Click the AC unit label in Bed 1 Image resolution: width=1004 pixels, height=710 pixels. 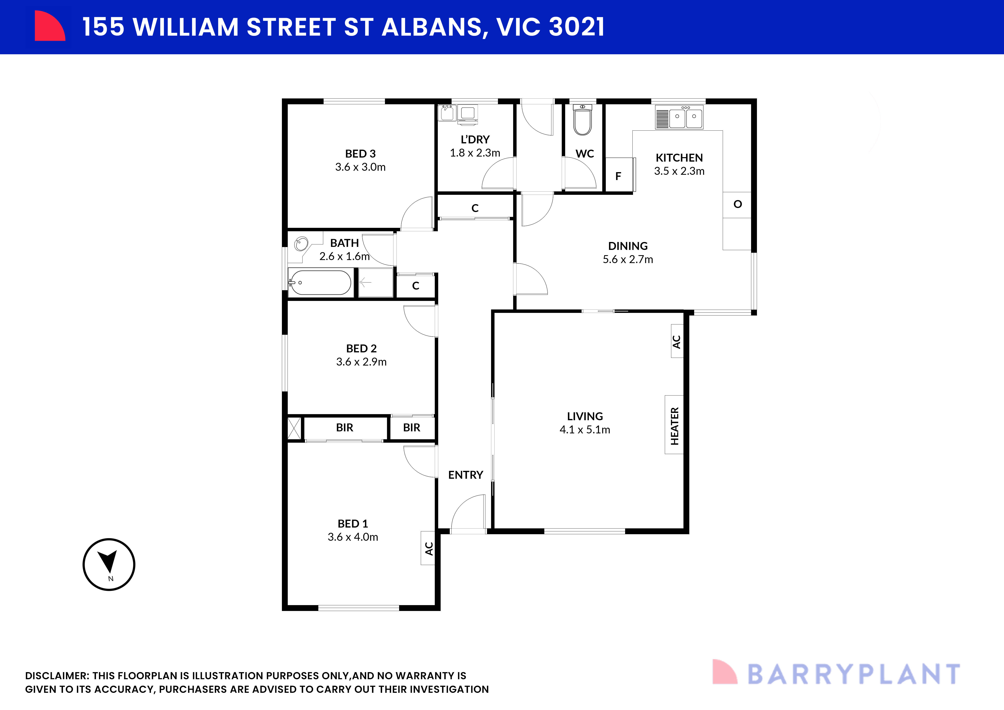(428, 548)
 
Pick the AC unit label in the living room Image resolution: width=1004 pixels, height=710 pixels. (677, 341)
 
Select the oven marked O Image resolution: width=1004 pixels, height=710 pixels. (737, 204)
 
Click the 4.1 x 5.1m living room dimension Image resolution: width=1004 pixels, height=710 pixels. (585, 430)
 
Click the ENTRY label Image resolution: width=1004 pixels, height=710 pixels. (465, 475)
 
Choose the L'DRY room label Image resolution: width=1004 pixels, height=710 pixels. (475, 140)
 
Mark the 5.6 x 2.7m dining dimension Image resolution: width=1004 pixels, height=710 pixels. (628, 259)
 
